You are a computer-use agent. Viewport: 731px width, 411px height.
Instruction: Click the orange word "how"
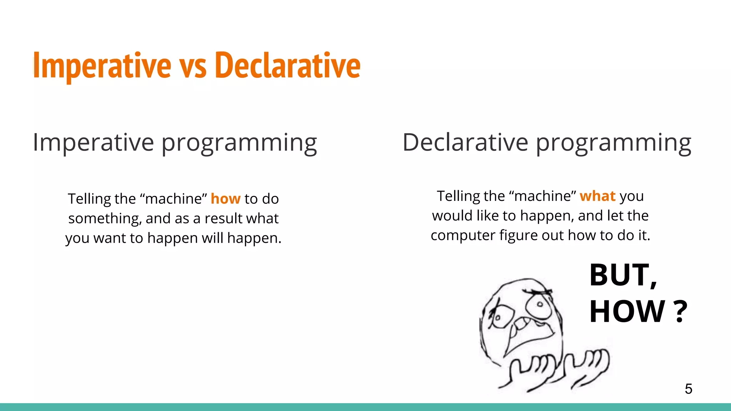tap(226, 199)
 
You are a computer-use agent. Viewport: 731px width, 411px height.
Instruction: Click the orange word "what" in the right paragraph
tap(598, 196)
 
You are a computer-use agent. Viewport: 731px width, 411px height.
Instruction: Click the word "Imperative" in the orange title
tap(102, 66)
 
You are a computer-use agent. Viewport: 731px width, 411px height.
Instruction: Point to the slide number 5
tap(688, 389)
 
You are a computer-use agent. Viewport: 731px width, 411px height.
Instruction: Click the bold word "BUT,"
tap(623, 275)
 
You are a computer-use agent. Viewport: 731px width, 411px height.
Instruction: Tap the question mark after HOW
tap(681, 312)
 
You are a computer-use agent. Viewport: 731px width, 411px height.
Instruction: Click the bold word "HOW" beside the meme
tap(627, 312)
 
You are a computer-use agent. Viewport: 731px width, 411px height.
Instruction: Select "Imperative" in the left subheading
tap(94, 142)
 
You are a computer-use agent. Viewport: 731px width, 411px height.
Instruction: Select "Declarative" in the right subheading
tap(465, 142)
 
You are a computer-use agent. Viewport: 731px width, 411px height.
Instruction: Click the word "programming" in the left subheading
tap(239, 144)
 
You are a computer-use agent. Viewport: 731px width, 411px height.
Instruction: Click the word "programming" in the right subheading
tap(614, 144)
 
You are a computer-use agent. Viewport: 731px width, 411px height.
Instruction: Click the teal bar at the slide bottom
tap(365, 407)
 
